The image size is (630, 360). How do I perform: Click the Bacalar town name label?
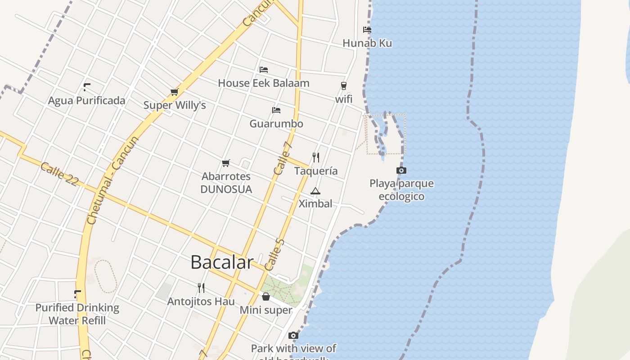click(x=222, y=262)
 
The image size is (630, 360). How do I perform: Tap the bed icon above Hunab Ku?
click(x=367, y=30)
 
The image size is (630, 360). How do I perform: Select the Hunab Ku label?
click(x=367, y=43)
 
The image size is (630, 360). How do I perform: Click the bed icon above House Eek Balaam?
click(x=264, y=70)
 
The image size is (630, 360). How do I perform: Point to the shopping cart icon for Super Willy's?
click(x=175, y=92)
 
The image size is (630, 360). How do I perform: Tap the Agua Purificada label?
click(x=86, y=100)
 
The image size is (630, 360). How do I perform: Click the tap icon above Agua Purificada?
click(x=87, y=87)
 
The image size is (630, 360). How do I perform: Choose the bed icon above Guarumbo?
click(x=276, y=110)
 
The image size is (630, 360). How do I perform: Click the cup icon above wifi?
click(x=344, y=85)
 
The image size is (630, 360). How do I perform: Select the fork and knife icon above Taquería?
click(x=316, y=157)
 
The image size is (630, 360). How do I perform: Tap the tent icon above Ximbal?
click(x=315, y=191)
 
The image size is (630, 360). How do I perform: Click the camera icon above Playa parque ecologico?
click(x=401, y=170)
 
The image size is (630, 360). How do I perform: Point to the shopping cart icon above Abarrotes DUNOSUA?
click(x=226, y=163)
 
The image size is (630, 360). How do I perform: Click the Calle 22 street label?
click(x=59, y=174)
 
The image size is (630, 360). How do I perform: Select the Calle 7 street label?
click(x=283, y=158)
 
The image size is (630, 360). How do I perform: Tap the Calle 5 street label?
click(x=275, y=255)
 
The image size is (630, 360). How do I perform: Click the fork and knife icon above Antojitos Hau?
click(x=201, y=288)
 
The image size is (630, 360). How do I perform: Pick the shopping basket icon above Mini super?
click(x=266, y=297)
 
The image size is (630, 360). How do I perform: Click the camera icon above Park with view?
click(x=293, y=335)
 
